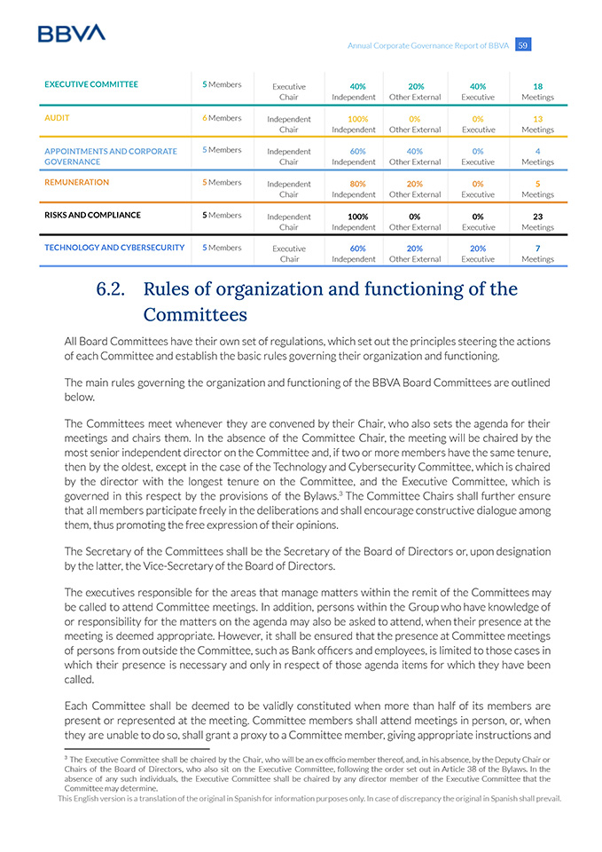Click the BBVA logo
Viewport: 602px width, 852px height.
point(71,33)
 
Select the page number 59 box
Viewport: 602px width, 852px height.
point(523,45)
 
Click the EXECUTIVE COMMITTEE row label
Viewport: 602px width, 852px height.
point(91,84)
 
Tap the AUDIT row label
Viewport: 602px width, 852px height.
point(57,117)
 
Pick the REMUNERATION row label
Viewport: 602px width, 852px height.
point(76,182)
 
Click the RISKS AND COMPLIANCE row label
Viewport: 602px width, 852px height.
point(92,215)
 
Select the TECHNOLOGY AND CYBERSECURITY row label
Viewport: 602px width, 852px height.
point(114,248)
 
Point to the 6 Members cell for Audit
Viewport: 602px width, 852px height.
point(222,117)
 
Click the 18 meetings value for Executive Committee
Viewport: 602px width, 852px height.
point(537,86)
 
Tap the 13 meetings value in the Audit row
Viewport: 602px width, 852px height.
point(537,119)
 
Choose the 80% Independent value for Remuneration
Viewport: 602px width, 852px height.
point(353,184)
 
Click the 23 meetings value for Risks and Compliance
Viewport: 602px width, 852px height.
point(537,217)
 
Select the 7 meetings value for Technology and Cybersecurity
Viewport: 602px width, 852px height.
point(537,248)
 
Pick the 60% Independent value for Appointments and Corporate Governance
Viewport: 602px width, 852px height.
point(353,151)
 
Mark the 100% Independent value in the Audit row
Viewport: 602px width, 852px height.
point(353,119)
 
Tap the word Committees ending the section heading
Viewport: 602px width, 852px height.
point(194,315)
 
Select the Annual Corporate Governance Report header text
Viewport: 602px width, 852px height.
point(428,45)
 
